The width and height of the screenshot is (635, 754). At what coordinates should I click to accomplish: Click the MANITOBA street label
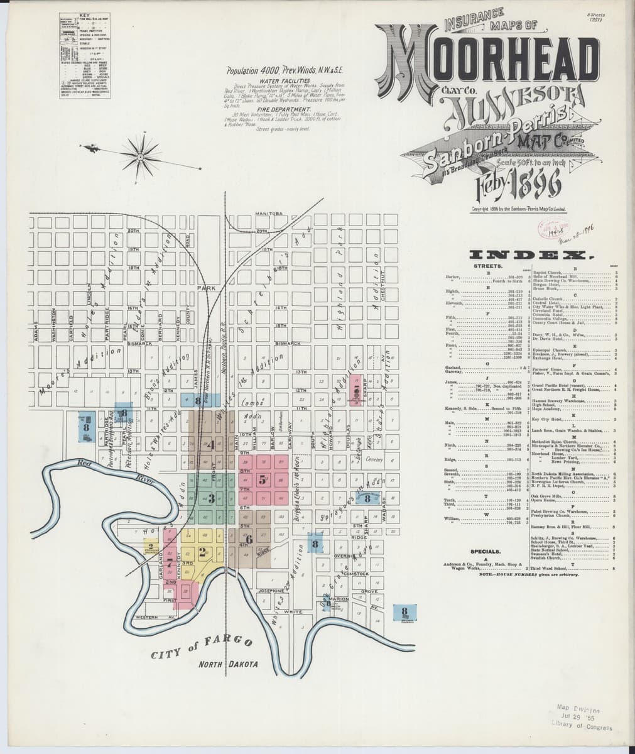pos(270,214)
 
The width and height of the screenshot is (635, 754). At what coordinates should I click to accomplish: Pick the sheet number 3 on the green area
pos(212,500)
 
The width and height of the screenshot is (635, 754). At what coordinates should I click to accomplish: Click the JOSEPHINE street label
pos(272,591)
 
